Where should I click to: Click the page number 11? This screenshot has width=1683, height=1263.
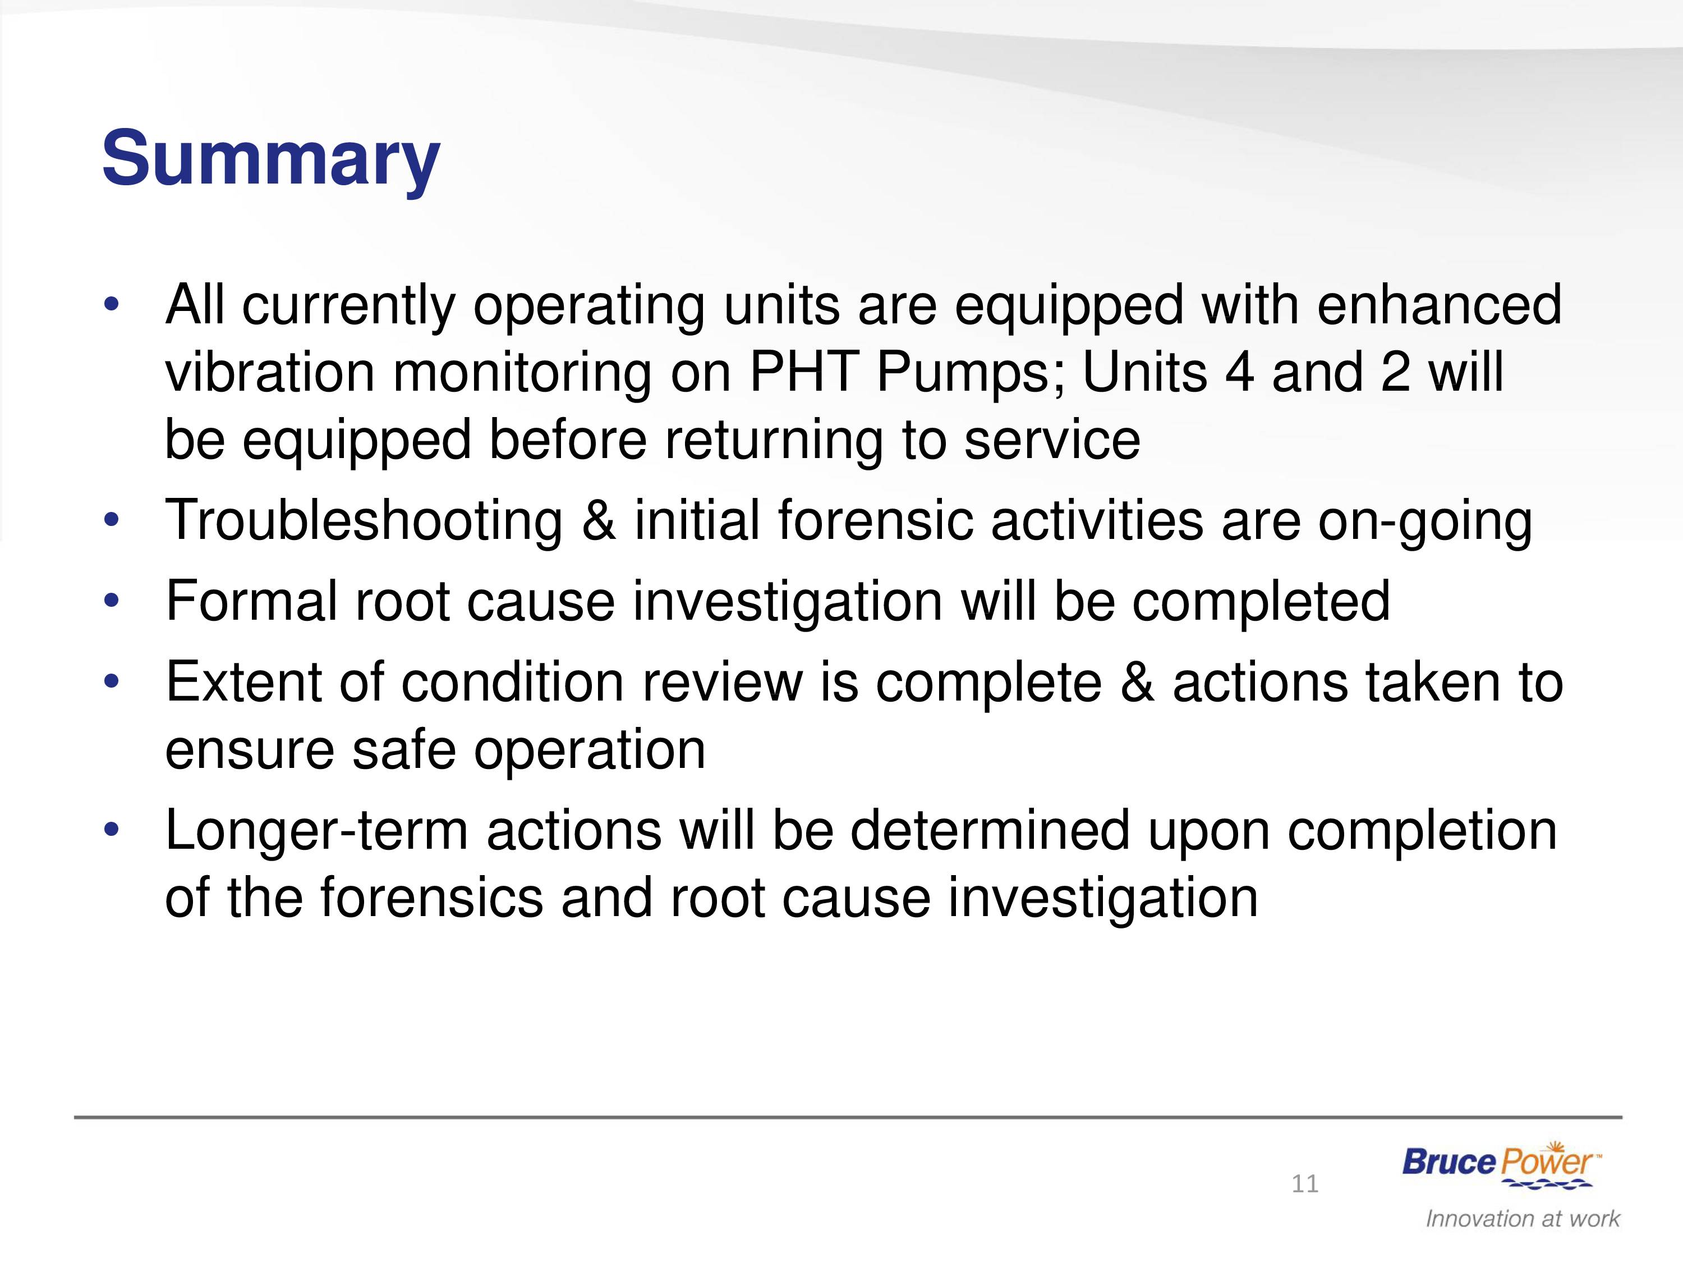tap(1305, 1184)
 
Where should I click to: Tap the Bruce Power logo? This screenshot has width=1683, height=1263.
tap(1501, 1165)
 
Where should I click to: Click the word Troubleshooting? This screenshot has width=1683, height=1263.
tap(364, 521)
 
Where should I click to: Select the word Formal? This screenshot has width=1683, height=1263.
tap(251, 601)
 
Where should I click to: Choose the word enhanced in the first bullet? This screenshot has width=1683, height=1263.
tap(1439, 304)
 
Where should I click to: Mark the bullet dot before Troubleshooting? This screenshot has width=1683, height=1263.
tap(112, 521)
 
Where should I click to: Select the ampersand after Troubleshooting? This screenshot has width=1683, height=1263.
tap(600, 521)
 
